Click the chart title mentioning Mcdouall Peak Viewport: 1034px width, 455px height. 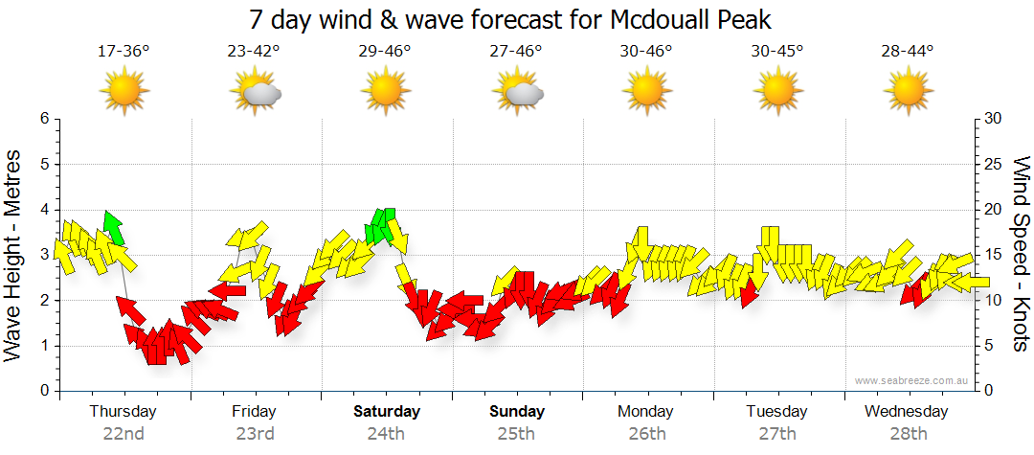[x=509, y=19]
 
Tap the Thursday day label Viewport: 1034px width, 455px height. [x=123, y=411]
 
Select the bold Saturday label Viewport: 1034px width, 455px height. [x=386, y=411]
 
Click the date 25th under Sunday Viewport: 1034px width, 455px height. [x=516, y=433]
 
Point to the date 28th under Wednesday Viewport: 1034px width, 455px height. [x=907, y=433]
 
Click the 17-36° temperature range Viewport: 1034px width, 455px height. [x=124, y=52]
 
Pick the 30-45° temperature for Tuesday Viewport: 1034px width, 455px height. [x=776, y=52]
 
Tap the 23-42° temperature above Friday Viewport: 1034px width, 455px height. [x=254, y=52]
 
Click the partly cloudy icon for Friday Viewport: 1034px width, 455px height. [x=256, y=93]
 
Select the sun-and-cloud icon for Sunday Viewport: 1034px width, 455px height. [x=518, y=93]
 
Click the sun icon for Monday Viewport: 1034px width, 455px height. [x=647, y=93]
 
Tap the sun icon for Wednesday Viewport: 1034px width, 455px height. [x=907, y=93]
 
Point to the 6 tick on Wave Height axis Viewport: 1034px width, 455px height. [x=44, y=119]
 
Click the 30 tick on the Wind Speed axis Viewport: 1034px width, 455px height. [x=994, y=119]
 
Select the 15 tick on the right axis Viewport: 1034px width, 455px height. [x=994, y=255]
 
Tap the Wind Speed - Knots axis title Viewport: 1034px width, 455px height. [x=1020, y=254]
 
